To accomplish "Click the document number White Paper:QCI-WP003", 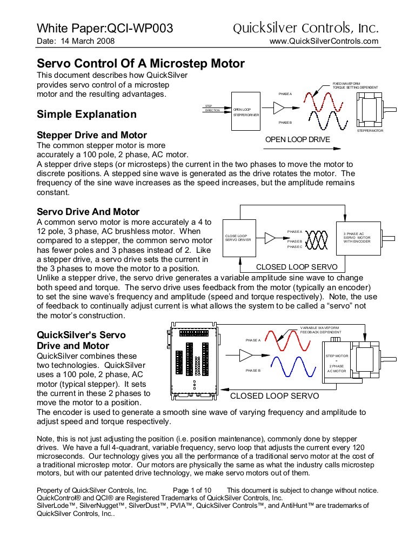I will [x=104, y=29].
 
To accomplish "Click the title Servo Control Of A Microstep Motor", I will [x=140, y=64].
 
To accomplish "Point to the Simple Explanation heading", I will [x=86, y=115].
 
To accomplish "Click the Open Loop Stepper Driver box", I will [x=246, y=112].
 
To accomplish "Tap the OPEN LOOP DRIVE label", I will [x=297, y=140].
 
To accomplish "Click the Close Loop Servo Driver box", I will [x=238, y=238].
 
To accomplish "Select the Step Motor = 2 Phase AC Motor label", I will [x=338, y=364].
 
